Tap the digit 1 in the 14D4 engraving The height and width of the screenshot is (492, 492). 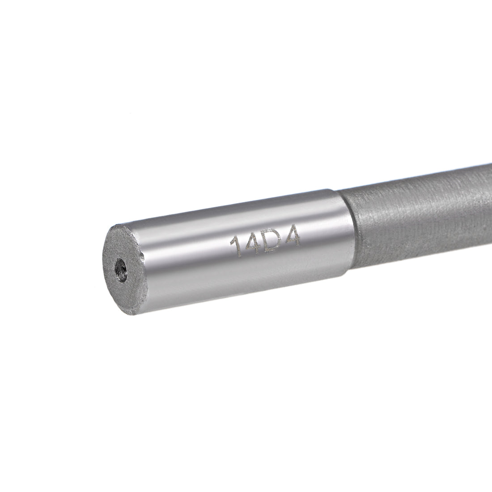tap(234, 249)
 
